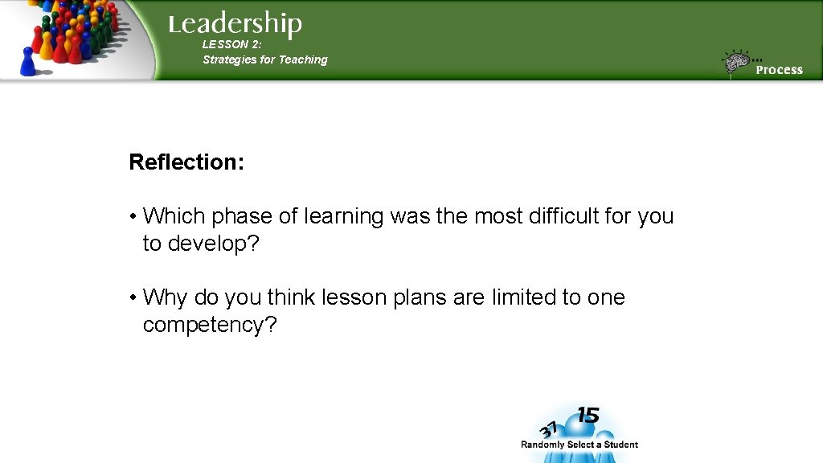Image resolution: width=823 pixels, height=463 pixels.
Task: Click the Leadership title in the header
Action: click(235, 24)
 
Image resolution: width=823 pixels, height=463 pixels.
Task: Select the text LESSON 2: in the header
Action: click(232, 45)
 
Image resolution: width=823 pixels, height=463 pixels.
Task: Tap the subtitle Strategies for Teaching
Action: click(265, 59)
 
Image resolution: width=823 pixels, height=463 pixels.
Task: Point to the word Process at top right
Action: click(779, 70)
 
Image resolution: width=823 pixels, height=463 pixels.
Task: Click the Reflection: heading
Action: click(186, 162)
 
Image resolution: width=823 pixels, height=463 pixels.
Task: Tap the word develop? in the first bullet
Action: click(214, 244)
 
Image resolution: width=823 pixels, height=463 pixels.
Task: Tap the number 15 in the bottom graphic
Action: click(588, 416)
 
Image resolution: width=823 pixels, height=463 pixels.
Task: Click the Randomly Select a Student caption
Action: click(579, 445)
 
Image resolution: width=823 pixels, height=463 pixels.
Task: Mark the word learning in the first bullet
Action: click(343, 217)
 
